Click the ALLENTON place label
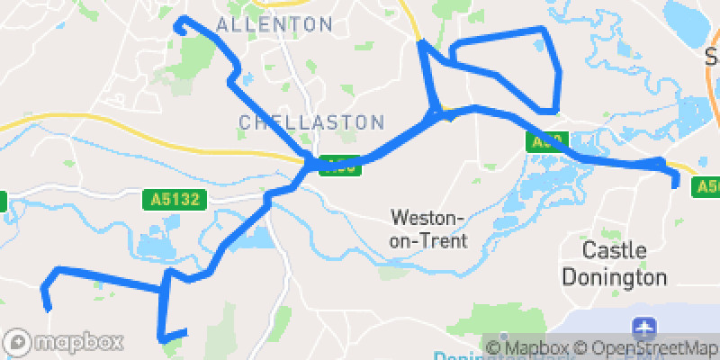[x=274, y=23]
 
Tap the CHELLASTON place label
[x=311, y=121]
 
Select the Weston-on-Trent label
[x=428, y=229]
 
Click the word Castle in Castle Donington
[x=615, y=249]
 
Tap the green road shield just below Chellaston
[x=340, y=166]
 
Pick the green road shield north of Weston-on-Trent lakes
[x=545, y=141]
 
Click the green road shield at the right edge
[x=707, y=186]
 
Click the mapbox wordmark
[x=77, y=343]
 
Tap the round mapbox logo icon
[x=18, y=343]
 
